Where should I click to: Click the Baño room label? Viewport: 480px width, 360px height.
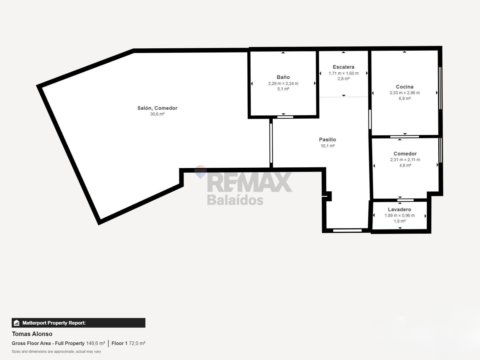click(x=283, y=77)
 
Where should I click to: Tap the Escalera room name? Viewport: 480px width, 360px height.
click(x=344, y=67)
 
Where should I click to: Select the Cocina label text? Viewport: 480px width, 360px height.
click(x=404, y=87)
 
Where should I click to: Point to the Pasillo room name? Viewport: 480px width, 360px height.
click(x=327, y=140)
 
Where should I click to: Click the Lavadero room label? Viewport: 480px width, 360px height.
click(x=400, y=209)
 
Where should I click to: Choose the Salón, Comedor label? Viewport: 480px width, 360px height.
click(x=157, y=108)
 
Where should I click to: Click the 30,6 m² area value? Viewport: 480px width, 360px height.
click(x=157, y=114)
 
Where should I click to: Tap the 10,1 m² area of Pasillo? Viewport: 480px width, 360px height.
click(x=328, y=146)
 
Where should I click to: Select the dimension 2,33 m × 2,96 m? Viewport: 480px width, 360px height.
click(x=404, y=93)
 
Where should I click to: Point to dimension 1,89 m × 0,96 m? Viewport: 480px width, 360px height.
click(x=400, y=215)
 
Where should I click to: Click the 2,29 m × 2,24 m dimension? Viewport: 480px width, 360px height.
click(x=283, y=83)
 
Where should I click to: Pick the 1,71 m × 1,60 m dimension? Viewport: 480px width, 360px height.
click(x=344, y=73)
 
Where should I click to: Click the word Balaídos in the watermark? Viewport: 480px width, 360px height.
click(x=235, y=200)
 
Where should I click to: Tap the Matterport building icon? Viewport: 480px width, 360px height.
click(x=16, y=323)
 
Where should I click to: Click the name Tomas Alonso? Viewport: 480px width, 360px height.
click(x=32, y=334)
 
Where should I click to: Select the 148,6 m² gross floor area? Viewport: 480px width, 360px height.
click(x=96, y=343)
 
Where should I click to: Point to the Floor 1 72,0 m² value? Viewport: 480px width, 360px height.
click(x=128, y=343)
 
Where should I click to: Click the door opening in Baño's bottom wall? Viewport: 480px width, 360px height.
click(x=285, y=117)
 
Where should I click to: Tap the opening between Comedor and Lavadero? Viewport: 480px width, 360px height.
click(x=405, y=200)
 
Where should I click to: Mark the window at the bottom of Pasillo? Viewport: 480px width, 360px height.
click(x=347, y=230)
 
